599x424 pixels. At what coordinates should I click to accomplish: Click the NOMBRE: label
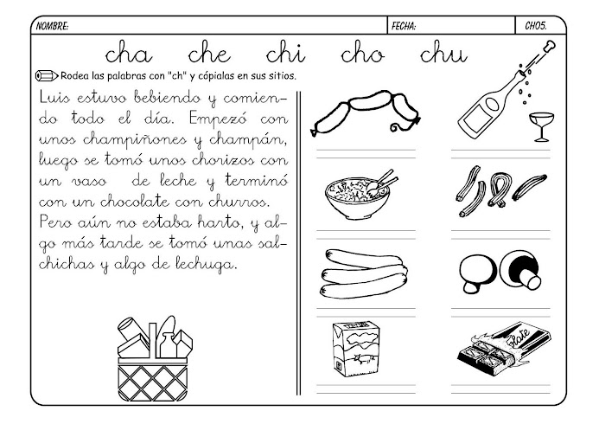point(53,26)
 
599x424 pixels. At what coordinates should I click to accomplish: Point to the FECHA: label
point(404,26)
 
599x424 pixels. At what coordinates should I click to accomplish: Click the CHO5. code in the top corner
point(536,26)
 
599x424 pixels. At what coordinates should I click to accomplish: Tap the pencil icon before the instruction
point(47,75)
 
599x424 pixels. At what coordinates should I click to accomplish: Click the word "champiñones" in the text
point(135,140)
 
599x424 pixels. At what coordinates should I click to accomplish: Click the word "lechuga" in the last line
point(207,265)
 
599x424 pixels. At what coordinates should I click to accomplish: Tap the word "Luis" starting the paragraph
point(54,98)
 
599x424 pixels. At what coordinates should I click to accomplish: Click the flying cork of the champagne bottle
point(550,47)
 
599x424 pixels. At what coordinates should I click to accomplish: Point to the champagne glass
point(541,126)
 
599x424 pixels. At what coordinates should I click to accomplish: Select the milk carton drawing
point(356,349)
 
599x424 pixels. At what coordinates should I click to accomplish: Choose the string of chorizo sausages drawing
point(366,112)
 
